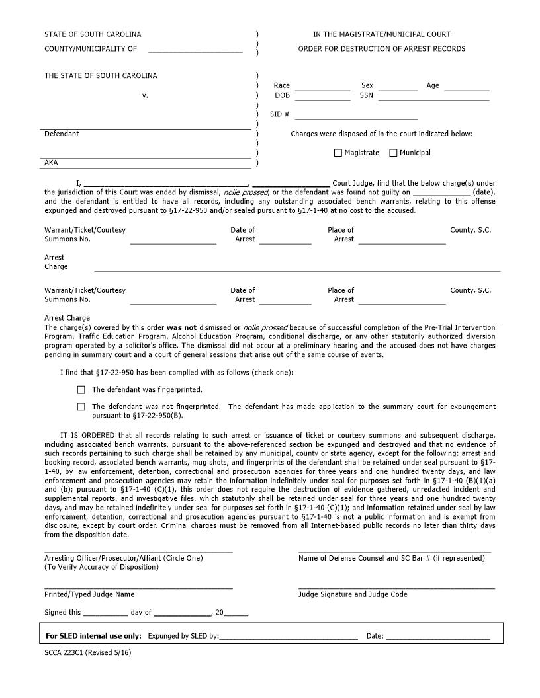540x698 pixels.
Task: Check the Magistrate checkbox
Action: tap(338, 153)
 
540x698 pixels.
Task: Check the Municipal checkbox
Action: tap(393, 153)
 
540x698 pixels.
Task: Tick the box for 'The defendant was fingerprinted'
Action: tap(81, 390)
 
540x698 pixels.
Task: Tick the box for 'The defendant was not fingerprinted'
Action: tap(81, 407)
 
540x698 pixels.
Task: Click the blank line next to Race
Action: tap(322, 86)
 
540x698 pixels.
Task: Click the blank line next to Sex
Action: tap(398, 86)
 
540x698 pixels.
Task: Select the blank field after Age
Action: tap(467, 86)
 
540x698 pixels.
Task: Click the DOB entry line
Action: tap(322, 96)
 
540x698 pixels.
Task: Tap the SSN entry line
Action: tap(433, 96)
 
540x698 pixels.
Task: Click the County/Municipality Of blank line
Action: tap(195, 49)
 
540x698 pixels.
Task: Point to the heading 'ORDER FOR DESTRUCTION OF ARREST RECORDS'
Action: tap(381, 49)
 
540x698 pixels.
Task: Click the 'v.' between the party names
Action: tap(145, 95)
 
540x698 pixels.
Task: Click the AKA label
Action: tap(51, 162)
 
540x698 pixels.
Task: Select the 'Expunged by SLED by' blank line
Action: tap(288, 637)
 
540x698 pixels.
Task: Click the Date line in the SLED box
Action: tap(437, 637)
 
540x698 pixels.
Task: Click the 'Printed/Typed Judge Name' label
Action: tap(89, 594)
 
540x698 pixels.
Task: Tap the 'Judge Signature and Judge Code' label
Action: tap(353, 594)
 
